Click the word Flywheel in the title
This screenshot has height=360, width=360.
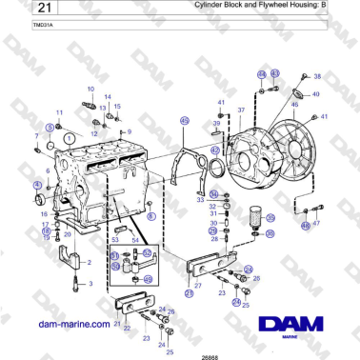point(272,6)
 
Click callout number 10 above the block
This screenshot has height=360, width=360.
point(90,90)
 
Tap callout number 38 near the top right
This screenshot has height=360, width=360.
point(317,75)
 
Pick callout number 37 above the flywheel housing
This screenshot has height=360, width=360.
point(241,110)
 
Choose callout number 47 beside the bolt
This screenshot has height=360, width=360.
point(316,223)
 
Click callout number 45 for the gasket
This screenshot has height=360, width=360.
point(184,121)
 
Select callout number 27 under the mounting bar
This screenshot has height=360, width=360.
point(197,285)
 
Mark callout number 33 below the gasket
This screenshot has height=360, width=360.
point(200,200)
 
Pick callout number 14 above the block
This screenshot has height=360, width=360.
point(108,97)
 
